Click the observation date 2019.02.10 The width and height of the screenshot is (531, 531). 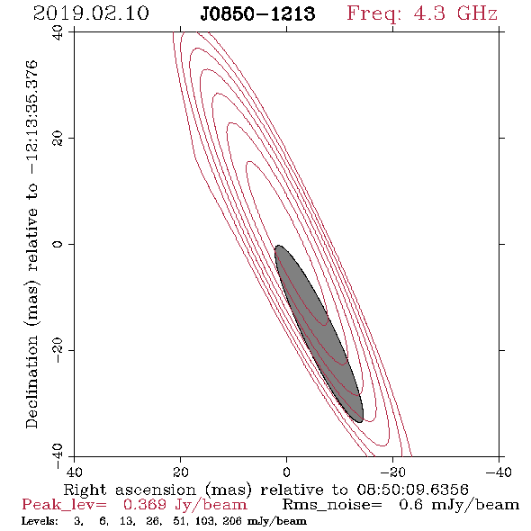click(91, 13)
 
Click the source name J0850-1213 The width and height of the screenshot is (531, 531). click(257, 13)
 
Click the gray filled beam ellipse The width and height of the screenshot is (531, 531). click(319, 334)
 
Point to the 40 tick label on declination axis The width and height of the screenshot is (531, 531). click(58, 32)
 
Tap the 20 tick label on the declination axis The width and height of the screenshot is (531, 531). click(58, 139)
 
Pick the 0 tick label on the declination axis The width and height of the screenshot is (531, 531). click(58, 244)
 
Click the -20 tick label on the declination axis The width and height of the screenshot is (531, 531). click(58, 350)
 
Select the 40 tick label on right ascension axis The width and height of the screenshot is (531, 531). click(74, 472)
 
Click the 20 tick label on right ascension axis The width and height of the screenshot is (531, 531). click(180, 472)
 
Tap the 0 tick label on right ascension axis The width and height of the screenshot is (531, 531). click(286, 472)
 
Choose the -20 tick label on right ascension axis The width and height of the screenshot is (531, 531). click(392, 472)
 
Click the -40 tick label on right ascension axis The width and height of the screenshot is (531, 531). click(499, 472)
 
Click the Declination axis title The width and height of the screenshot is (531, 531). click(31, 244)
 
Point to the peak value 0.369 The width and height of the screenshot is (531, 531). click(145, 505)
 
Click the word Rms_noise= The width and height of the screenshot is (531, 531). click(332, 505)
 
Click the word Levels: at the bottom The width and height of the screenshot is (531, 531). click(40, 520)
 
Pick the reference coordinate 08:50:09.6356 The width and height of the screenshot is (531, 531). click(413, 490)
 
